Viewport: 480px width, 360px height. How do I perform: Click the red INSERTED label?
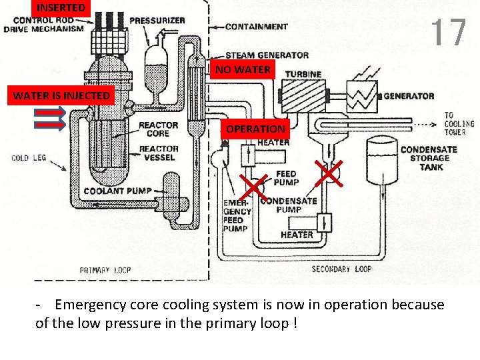click(x=61, y=8)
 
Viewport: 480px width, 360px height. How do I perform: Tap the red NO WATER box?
click(x=243, y=69)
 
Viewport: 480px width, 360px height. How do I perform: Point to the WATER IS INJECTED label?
click(x=61, y=96)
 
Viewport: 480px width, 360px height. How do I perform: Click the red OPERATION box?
click(x=255, y=129)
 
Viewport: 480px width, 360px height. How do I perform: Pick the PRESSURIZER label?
click(x=157, y=21)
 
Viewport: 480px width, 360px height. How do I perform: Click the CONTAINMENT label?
click(x=257, y=27)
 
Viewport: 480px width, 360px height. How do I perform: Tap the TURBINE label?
click(x=303, y=74)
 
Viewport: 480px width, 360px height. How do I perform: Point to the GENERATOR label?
click(x=409, y=96)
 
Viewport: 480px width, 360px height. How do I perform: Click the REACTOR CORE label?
click(x=159, y=129)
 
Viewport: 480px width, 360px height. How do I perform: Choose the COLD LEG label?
click(x=29, y=158)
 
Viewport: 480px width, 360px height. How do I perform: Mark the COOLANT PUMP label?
click(x=117, y=191)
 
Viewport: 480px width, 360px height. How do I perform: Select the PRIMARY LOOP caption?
click(x=105, y=270)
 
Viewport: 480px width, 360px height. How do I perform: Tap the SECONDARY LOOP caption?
click(x=341, y=269)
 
